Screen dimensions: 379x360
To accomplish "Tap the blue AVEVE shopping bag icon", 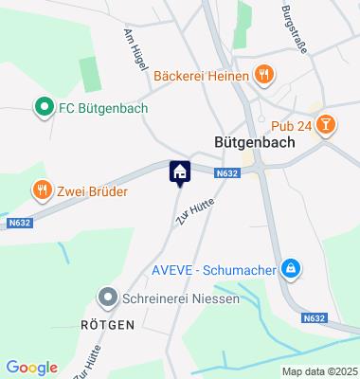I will point(293,270).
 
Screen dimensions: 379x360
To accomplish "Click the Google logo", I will point(31,368).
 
